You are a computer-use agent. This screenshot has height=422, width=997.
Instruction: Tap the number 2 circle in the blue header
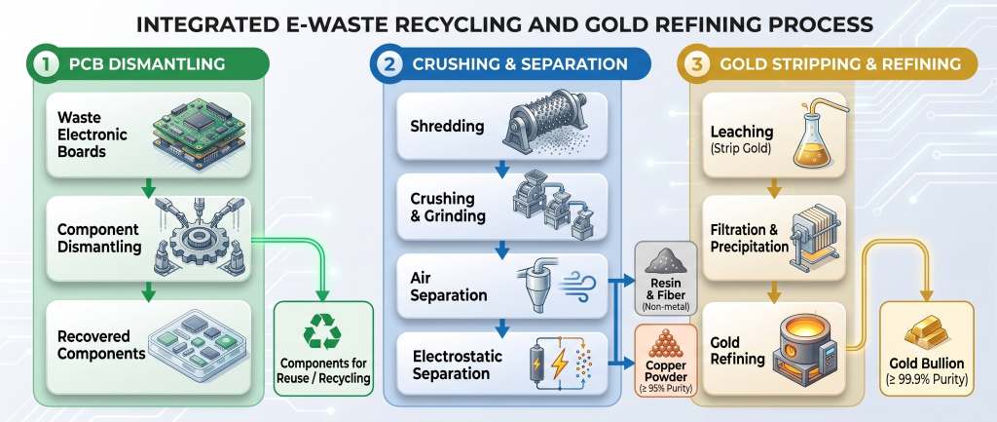click(x=388, y=64)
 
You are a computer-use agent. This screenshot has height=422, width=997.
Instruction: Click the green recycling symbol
click(x=321, y=331)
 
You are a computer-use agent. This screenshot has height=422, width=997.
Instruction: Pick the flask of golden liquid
click(x=814, y=140)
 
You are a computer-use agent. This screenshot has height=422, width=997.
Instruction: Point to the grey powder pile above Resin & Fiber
click(x=665, y=261)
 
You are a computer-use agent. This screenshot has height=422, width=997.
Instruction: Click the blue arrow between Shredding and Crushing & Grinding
click(x=502, y=169)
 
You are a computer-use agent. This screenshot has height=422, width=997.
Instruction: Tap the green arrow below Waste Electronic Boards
click(x=148, y=187)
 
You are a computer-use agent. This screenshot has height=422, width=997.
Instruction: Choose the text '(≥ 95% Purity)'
click(x=666, y=388)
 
